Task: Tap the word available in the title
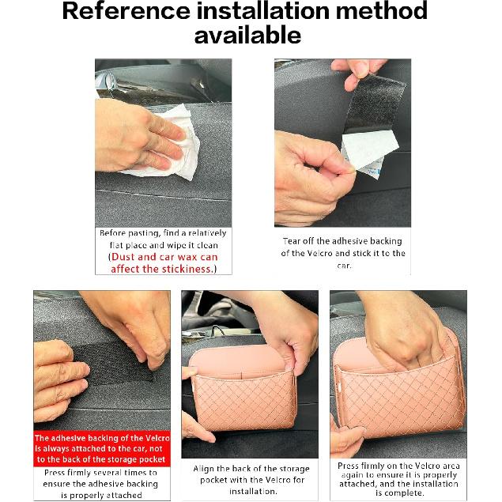247,36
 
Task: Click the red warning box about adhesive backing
100,448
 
